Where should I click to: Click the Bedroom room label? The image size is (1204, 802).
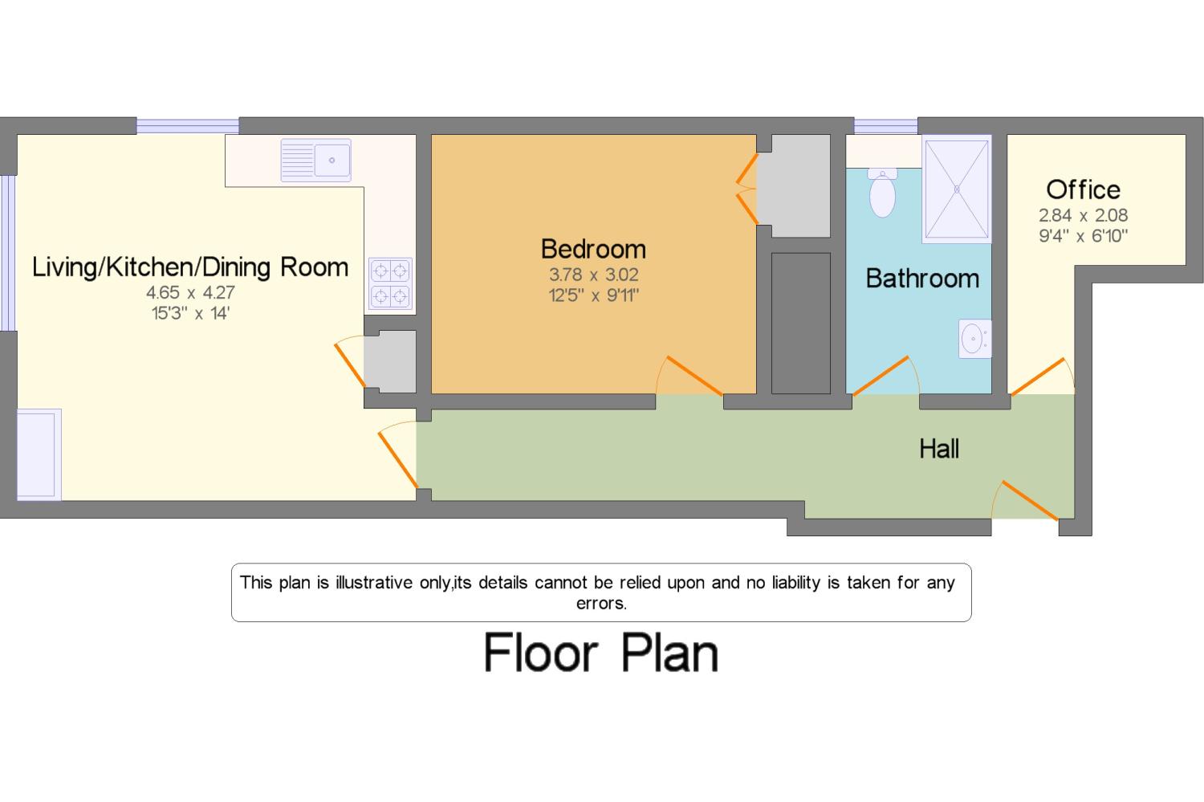[593, 249]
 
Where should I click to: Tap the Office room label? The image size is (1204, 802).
[1083, 189]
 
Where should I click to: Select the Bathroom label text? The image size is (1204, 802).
[922, 279]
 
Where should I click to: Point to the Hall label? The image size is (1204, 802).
[939, 449]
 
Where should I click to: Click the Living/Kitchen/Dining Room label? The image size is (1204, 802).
[190, 267]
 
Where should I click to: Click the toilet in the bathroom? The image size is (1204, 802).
[882, 193]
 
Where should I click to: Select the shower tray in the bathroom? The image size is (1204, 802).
[957, 189]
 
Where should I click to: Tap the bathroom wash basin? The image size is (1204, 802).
[974, 339]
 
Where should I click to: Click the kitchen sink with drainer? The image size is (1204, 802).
[315, 160]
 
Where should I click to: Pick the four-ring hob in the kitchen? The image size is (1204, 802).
[390, 283]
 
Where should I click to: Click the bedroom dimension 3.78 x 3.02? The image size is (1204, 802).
[593, 275]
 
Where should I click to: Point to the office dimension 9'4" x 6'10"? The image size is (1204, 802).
[1083, 236]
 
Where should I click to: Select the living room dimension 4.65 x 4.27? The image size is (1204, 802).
[190, 292]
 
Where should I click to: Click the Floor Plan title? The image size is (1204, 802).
[601, 653]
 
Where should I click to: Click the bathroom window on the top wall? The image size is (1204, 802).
[885, 126]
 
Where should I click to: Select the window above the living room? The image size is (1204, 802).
[187, 126]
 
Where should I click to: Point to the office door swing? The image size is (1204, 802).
[1041, 377]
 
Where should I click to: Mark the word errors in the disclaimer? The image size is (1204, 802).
[601, 604]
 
